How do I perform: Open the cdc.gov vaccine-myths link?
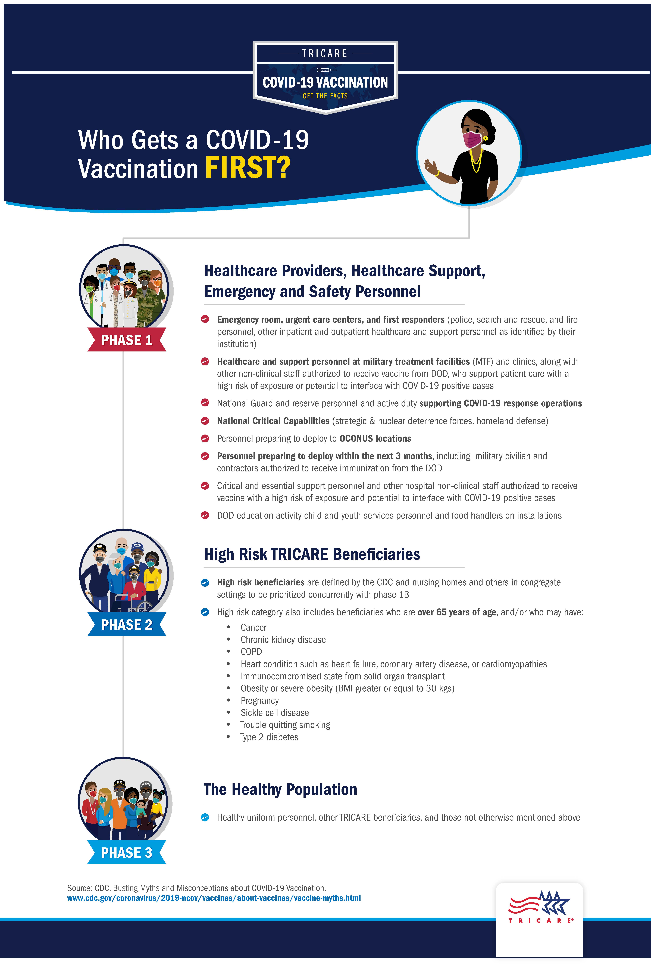pyautogui.click(x=214, y=898)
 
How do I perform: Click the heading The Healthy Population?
pyautogui.click(x=280, y=789)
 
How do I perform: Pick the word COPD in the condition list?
pyautogui.click(x=251, y=652)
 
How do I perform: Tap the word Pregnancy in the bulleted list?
pyautogui.click(x=260, y=701)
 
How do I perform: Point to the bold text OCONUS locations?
pyautogui.click(x=375, y=438)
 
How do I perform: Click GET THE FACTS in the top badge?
pyautogui.click(x=325, y=96)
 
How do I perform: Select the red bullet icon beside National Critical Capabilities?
pyautogui.click(x=205, y=421)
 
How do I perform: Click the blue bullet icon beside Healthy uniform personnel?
pyautogui.click(x=205, y=818)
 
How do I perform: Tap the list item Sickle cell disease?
pyautogui.click(x=274, y=713)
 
